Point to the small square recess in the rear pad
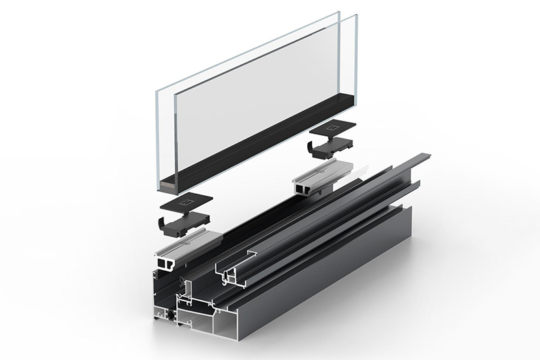[331, 127]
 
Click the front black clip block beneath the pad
[186, 222]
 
